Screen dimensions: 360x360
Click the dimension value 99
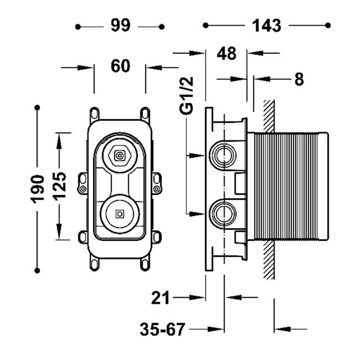point(120,26)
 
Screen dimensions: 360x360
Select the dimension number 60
point(120,67)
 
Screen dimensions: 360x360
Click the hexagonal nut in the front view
point(119,156)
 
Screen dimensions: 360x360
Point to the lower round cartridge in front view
point(119,214)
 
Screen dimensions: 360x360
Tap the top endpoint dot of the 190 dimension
point(38,108)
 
